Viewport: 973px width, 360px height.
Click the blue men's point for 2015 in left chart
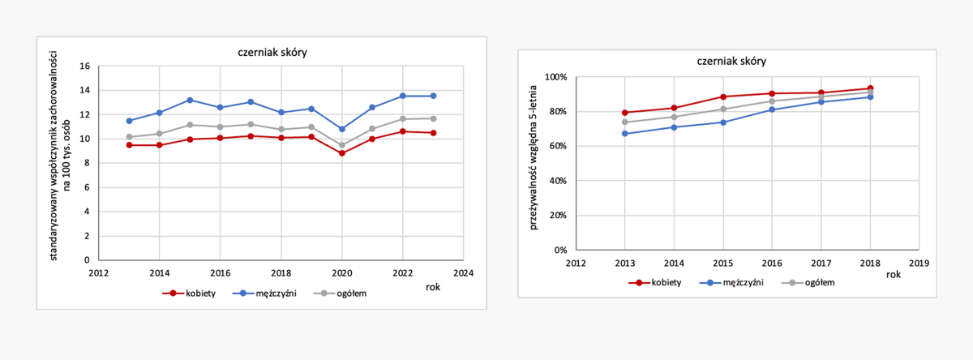(190, 100)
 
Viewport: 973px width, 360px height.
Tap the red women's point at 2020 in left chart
(342, 153)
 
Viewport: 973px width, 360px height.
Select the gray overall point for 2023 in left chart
(434, 118)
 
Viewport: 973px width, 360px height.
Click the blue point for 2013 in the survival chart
(625, 133)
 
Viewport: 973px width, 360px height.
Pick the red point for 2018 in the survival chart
(870, 88)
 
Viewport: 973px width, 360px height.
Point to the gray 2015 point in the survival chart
(723, 109)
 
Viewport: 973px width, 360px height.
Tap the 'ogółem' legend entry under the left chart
(343, 293)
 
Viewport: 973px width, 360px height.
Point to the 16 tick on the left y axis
(84, 66)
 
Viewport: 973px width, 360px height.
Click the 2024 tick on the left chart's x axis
(464, 273)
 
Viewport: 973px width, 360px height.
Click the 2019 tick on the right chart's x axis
(919, 263)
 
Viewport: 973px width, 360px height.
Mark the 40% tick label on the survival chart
(558, 181)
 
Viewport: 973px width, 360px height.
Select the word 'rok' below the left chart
(434, 286)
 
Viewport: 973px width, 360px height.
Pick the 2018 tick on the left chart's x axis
(281, 273)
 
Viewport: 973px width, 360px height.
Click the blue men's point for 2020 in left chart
(342, 129)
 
